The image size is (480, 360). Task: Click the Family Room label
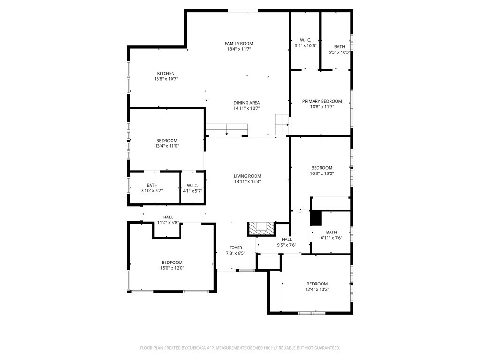tap(239, 44)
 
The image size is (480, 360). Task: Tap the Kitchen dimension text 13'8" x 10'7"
tap(166, 79)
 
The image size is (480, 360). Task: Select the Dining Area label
tap(247, 103)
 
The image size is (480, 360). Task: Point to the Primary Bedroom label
tap(322, 101)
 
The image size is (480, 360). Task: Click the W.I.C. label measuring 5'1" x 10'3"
tap(306, 40)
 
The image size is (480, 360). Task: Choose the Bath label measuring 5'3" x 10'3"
tap(339, 47)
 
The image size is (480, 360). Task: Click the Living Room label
tap(247, 176)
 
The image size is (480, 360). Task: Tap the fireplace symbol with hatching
tap(262, 229)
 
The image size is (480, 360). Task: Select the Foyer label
tap(236, 247)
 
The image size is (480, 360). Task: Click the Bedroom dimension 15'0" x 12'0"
tap(172, 268)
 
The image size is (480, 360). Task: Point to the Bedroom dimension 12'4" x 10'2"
tap(317, 289)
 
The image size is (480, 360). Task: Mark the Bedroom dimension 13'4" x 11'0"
tap(167, 146)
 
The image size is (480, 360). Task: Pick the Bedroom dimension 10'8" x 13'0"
tap(322, 173)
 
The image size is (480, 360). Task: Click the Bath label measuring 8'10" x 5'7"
tap(152, 185)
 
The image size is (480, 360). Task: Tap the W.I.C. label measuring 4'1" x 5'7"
tap(193, 186)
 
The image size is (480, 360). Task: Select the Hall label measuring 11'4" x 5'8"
tap(168, 217)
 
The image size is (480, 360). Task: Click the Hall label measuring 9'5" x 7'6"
tap(287, 240)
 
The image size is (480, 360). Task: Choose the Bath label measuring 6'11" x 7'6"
tap(331, 232)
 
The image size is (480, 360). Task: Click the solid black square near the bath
tap(315, 218)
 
